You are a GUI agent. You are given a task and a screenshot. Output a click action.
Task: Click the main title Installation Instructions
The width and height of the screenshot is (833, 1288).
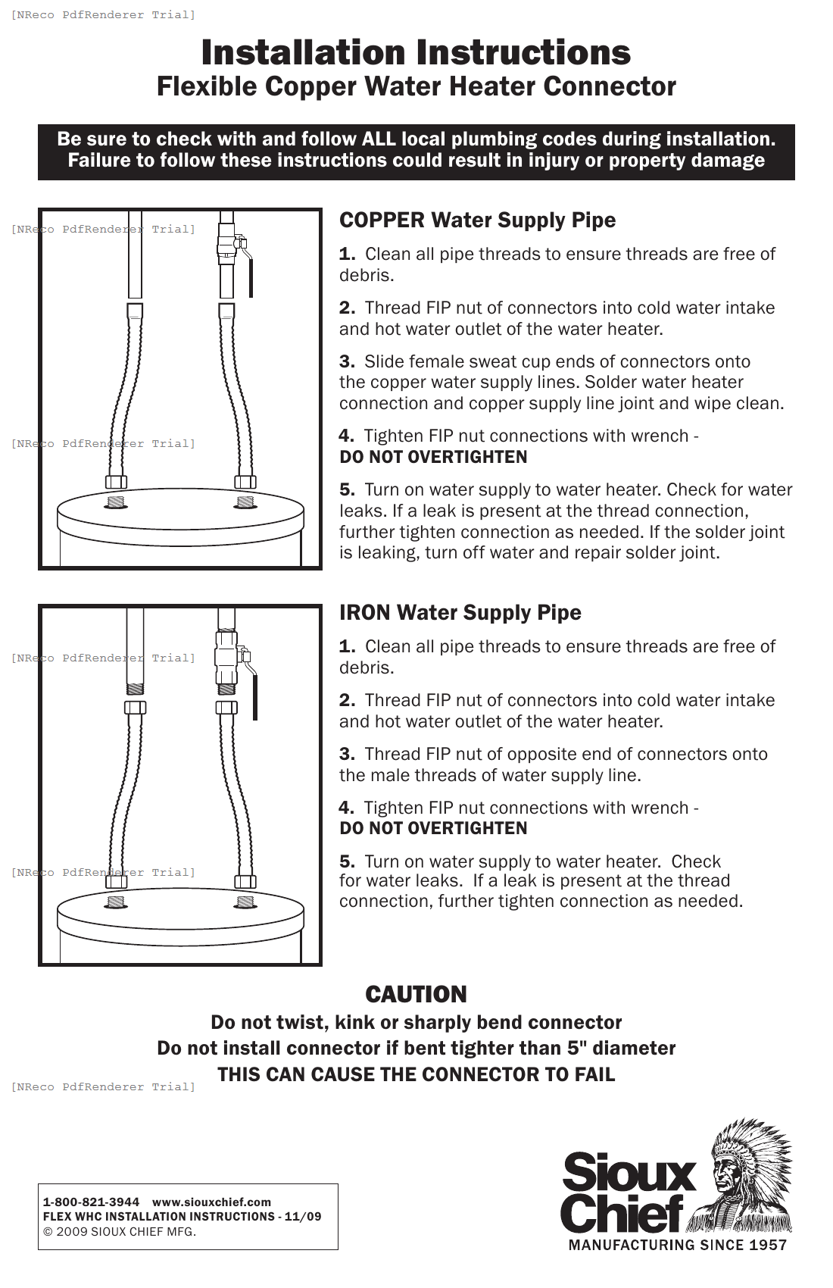point(416,53)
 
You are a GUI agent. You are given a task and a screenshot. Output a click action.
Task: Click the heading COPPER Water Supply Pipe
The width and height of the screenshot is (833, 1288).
point(477,220)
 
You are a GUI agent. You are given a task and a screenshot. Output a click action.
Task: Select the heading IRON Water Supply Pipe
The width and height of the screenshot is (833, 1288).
point(460,612)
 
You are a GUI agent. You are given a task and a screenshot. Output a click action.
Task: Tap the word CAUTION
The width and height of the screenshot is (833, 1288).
point(416,994)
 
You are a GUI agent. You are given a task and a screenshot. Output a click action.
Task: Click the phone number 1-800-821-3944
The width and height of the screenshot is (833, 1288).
point(91,1202)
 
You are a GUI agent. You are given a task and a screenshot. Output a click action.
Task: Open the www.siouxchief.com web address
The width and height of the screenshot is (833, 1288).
point(211,1202)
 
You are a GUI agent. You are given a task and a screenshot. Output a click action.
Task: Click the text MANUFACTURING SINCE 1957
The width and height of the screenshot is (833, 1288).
point(677,1245)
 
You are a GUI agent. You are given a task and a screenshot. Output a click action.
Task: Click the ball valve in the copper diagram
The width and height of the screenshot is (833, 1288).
point(229,247)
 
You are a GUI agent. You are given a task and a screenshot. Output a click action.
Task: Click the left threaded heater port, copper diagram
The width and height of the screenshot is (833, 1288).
point(116,502)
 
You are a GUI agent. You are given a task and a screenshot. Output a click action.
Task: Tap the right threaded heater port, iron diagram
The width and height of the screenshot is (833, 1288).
point(245,902)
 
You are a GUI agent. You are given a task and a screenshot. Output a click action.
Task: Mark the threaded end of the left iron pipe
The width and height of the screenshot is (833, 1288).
point(135,689)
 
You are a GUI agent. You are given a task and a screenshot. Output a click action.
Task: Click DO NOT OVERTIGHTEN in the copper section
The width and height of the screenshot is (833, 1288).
point(433,457)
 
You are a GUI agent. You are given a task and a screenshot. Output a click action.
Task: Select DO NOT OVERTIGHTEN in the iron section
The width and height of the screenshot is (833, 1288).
point(433,828)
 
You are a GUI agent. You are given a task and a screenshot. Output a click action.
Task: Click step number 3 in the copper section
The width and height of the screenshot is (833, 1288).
point(347,362)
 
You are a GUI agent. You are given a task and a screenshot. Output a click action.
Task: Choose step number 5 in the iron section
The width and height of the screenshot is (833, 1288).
point(347,861)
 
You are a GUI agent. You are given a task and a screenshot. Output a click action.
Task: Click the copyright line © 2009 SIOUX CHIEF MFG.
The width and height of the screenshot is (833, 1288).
point(120,1231)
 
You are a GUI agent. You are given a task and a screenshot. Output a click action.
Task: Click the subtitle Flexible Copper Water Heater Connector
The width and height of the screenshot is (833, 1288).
point(416,86)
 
